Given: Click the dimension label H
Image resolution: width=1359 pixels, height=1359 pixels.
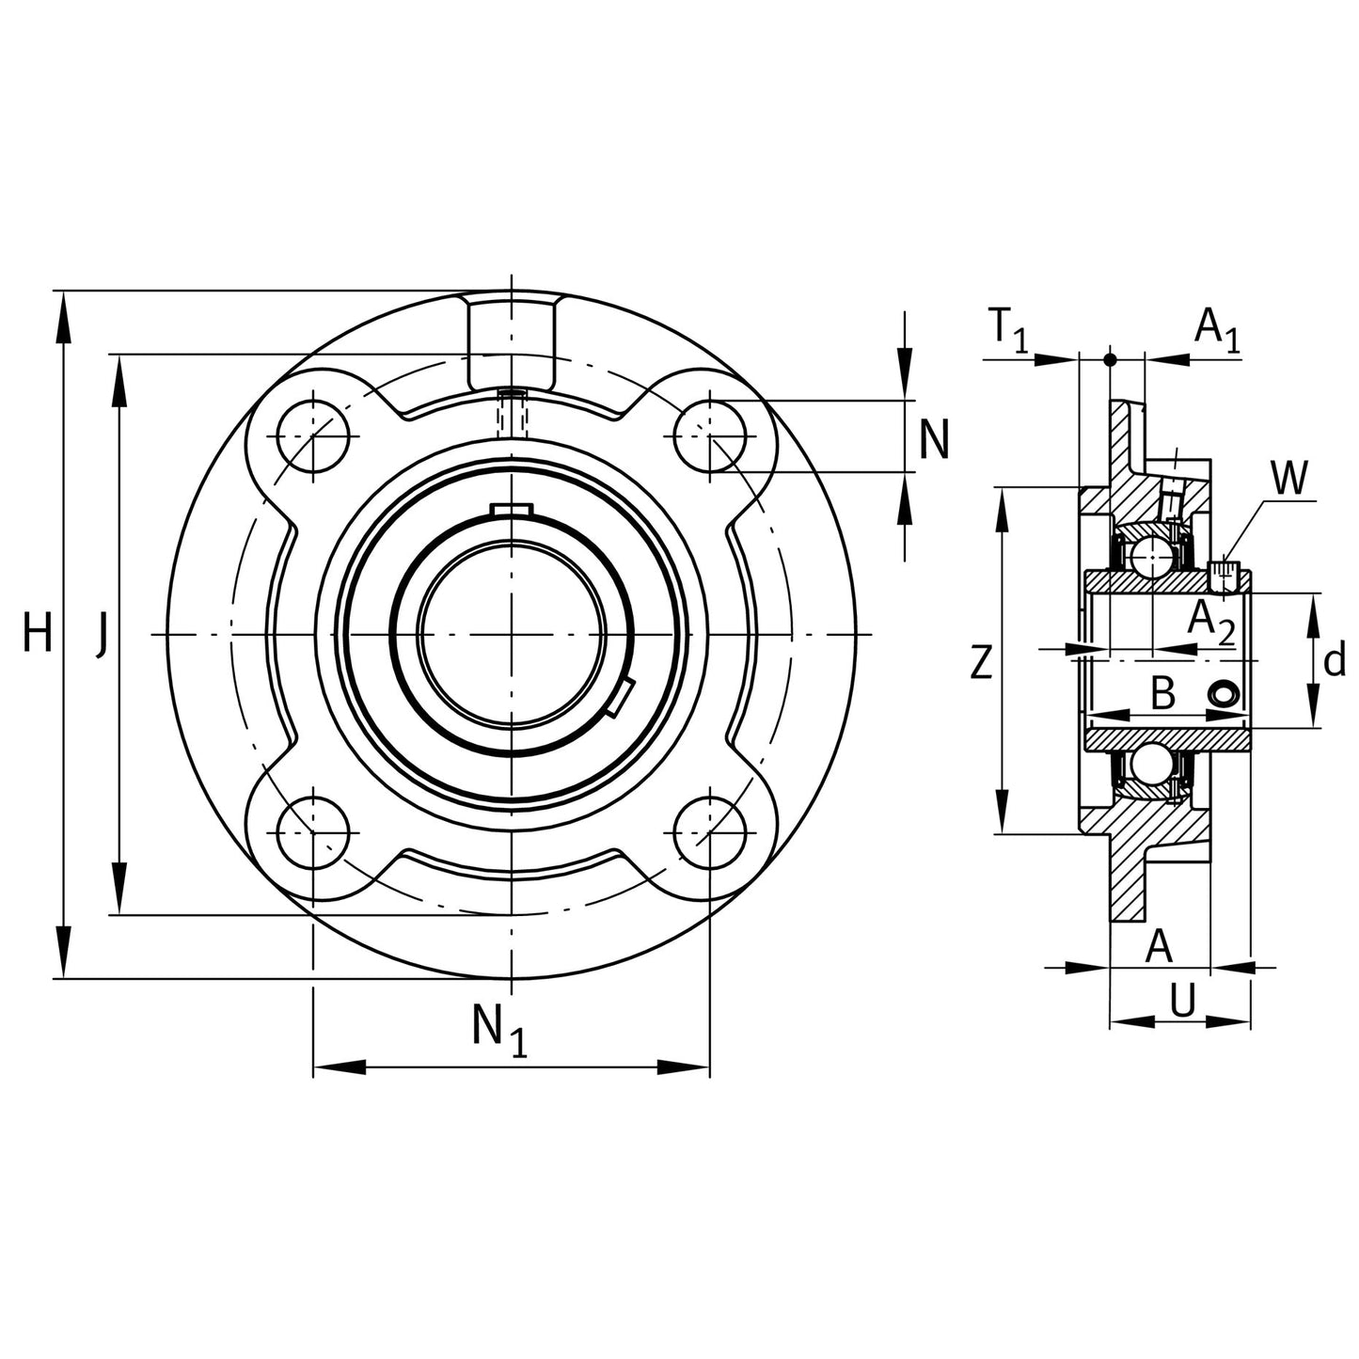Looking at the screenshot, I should (38, 633).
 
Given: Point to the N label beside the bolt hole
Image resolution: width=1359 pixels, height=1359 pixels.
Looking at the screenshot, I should (933, 439).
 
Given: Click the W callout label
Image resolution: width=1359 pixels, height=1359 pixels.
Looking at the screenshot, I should (1289, 480).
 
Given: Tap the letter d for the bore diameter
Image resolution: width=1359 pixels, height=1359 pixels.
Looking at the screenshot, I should (1334, 662).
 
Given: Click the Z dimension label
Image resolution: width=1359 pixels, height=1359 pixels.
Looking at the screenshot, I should (980, 664).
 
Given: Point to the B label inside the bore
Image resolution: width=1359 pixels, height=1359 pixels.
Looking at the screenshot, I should (1162, 694).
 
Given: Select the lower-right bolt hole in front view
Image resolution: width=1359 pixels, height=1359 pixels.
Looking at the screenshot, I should (710, 833).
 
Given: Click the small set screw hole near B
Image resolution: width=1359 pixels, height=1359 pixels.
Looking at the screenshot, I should (1224, 694).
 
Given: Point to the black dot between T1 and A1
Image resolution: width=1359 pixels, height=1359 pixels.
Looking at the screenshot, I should (1110, 359).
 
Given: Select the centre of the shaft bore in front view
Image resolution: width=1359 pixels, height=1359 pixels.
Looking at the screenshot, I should (511, 636).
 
